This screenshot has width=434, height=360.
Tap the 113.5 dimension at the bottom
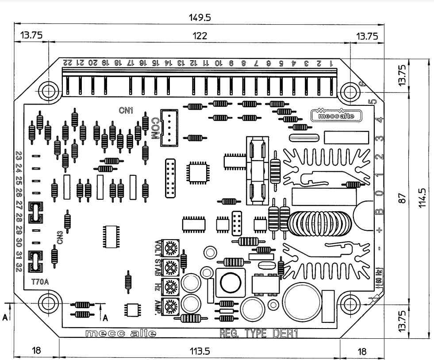[200, 351]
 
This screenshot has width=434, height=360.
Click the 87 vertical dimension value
[402, 198]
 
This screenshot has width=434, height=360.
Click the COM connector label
[154, 128]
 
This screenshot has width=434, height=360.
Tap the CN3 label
[60, 238]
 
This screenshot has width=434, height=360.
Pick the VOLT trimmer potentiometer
[170, 247]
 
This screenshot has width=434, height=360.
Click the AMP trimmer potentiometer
[170, 305]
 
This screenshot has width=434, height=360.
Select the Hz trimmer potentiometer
[170, 286]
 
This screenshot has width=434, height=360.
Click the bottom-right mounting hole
[351, 303]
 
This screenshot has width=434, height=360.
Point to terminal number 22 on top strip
[67, 62]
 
